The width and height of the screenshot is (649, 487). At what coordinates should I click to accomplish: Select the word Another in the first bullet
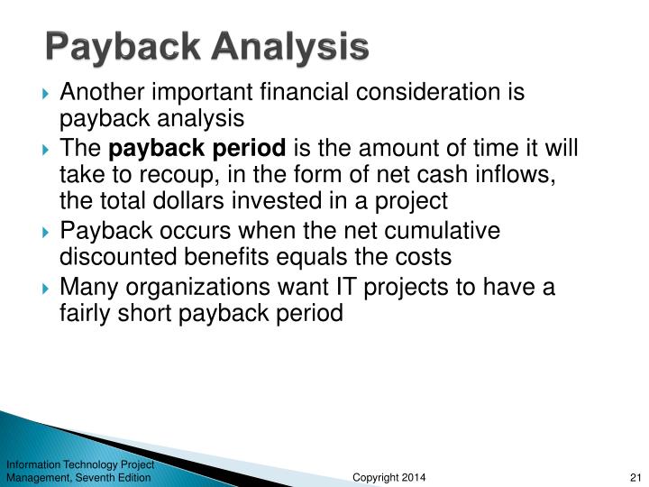tap(94, 92)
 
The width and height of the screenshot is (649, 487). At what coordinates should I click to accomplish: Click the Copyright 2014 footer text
tap(388, 476)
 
